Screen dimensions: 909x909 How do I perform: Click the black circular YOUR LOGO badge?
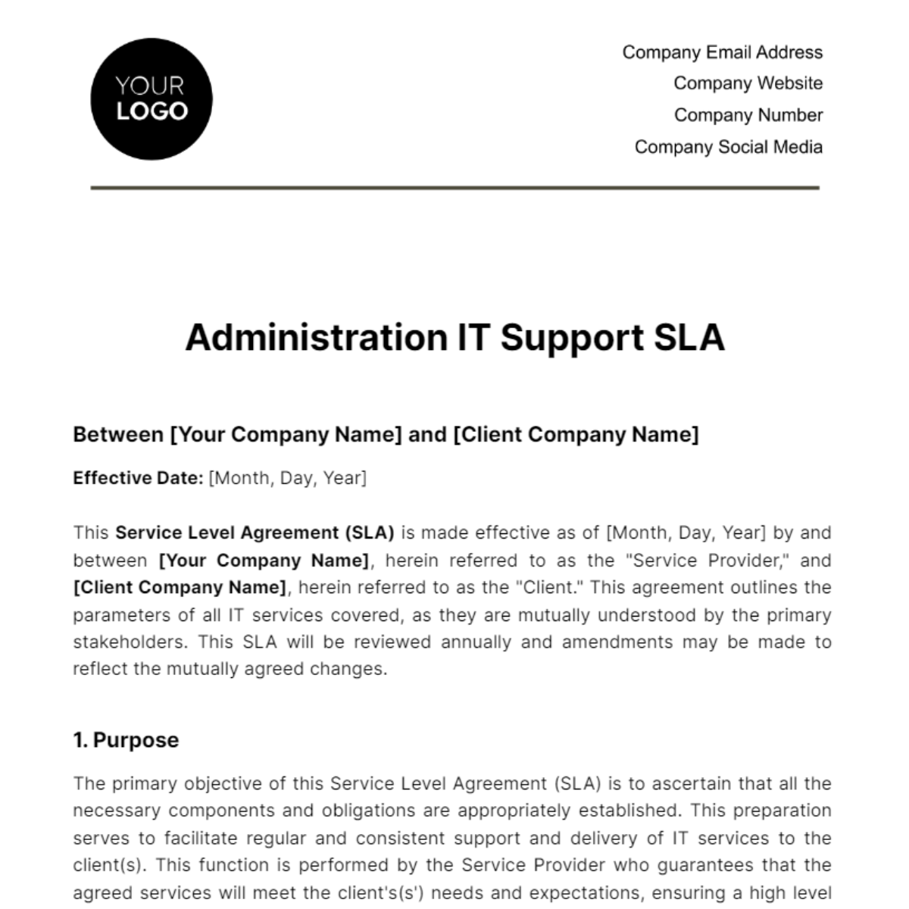pos(151,99)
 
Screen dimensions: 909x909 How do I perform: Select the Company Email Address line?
pos(722,52)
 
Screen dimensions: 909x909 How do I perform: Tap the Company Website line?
pos(748,83)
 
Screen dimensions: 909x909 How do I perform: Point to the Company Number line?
pos(748,115)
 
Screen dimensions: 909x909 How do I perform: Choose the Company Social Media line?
pos(728,147)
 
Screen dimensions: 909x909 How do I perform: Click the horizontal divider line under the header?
pos(454,187)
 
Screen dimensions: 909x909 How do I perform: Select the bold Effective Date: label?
pos(138,478)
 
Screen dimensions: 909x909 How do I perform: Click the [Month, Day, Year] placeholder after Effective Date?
pos(287,478)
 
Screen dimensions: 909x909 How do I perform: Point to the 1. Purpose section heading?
pos(126,740)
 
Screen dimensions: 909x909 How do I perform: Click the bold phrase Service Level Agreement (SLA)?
pos(255,533)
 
